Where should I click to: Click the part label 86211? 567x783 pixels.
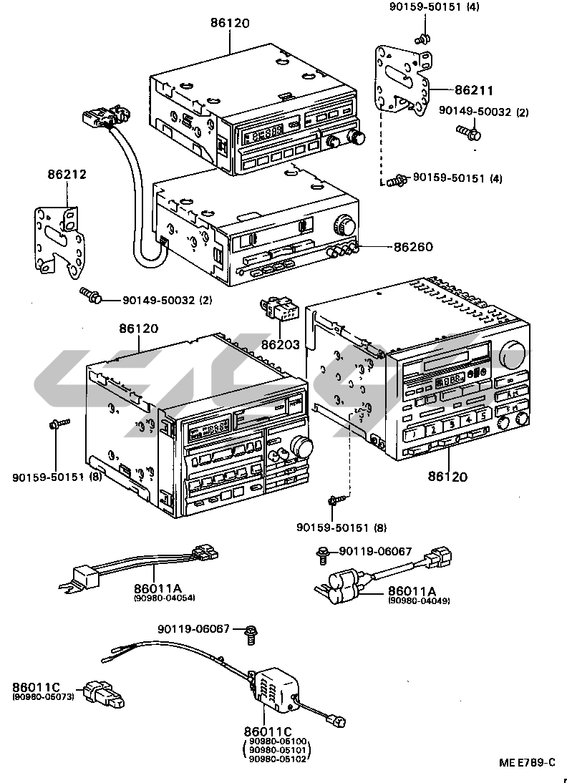pos(474,91)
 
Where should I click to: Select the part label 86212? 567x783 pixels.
pos(67,174)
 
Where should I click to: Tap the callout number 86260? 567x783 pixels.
pos(414,247)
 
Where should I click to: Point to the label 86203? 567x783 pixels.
pos(281,344)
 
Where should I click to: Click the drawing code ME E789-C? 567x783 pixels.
pos(527,762)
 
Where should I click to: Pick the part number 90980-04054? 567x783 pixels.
pos(164,598)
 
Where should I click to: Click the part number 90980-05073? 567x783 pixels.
pos(43,696)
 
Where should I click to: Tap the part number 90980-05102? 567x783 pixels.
pos(278,759)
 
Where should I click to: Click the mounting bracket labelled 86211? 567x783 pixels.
pos(402,79)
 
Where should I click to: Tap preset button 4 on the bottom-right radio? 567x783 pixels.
pos(467,419)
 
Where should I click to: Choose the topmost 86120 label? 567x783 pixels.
pos(230,23)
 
